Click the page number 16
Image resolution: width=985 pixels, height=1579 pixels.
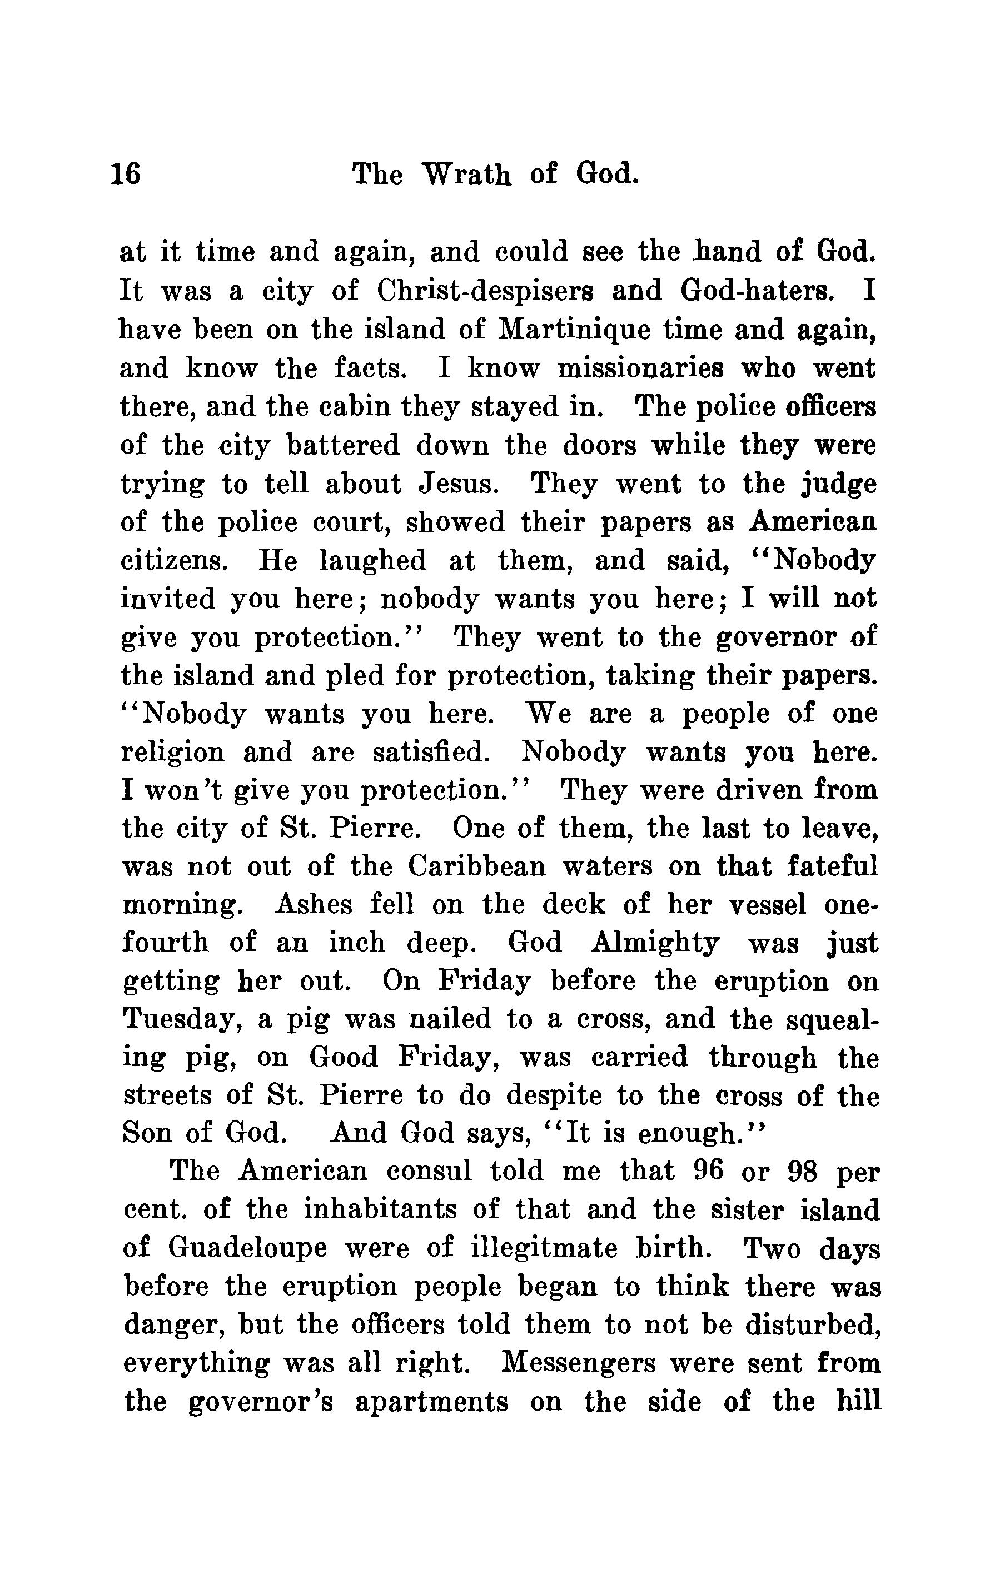click(125, 175)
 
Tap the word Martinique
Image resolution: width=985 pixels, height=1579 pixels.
click(573, 330)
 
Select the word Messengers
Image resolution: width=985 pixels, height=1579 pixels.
click(579, 1363)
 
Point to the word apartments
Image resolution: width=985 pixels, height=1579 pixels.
click(431, 1402)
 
